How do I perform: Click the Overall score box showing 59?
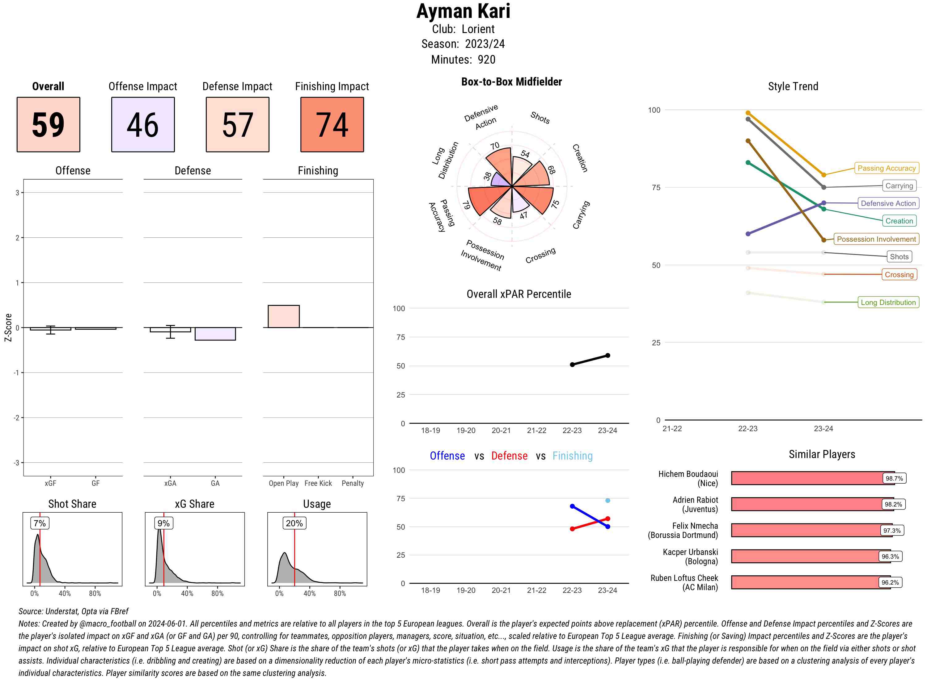click(48, 125)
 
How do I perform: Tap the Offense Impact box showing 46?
click(143, 125)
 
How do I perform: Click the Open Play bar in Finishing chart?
click(283, 316)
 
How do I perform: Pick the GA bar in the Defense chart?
click(215, 334)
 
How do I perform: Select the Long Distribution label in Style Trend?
click(888, 302)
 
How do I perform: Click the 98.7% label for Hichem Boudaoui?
click(894, 478)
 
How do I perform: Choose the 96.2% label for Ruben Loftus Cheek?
click(890, 582)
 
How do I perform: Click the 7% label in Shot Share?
click(40, 523)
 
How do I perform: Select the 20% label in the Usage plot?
click(294, 523)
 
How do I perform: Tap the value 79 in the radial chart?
click(466, 205)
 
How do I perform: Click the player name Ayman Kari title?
click(463, 11)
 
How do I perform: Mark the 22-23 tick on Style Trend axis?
click(747, 429)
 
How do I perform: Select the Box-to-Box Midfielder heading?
click(511, 82)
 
